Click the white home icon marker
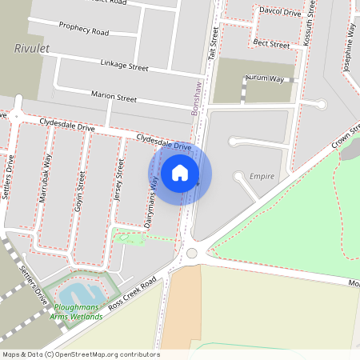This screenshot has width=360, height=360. (180, 172)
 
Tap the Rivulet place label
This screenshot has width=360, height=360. (32, 49)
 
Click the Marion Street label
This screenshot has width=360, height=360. (114, 97)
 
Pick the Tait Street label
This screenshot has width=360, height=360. (214, 38)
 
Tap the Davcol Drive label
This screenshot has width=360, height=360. (280, 12)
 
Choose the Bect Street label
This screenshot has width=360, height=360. (270, 43)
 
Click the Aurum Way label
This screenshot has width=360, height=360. (265, 79)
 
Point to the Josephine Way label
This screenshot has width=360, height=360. (350, 48)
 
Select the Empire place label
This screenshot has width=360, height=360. (262, 176)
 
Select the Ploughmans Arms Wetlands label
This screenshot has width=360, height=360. (78, 312)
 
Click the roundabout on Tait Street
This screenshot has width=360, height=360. (190, 254)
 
